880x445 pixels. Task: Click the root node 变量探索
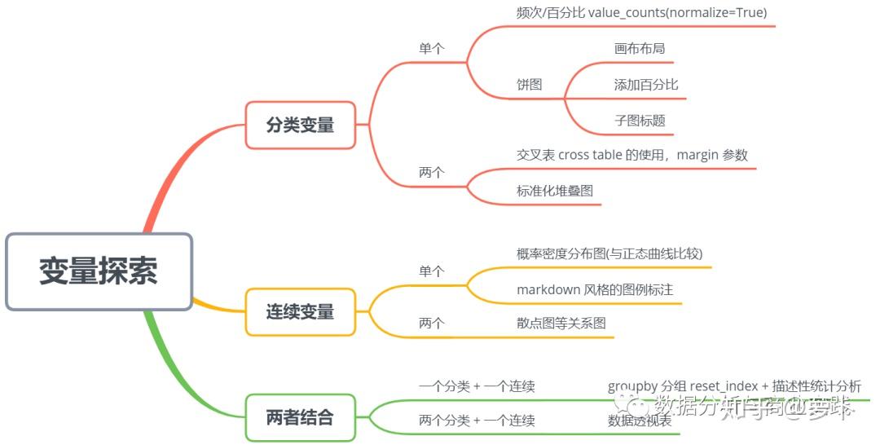pos(99,271)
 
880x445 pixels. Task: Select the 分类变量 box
pos(300,125)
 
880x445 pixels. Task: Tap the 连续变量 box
pos(300,311)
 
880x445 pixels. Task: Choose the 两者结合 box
pos(300,417)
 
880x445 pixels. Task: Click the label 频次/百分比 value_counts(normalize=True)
pos(641,12)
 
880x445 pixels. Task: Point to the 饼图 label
pos(529,85)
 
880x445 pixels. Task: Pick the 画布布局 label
pos(639,48)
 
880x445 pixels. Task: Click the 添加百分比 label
pos(645,85)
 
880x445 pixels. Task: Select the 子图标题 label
pos(639,121)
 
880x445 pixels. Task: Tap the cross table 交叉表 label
pos(631,155)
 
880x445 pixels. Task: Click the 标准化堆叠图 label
pos(554,191)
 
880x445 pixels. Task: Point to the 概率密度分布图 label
pos(609,253)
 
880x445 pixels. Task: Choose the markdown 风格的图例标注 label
pos(595,289)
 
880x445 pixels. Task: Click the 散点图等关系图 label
pos(561,324)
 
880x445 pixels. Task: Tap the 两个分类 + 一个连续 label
pos(477,421)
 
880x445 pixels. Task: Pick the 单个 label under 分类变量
pos(431,48)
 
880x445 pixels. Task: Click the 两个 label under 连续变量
pos(431,324)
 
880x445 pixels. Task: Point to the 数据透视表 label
pos(640,421)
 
